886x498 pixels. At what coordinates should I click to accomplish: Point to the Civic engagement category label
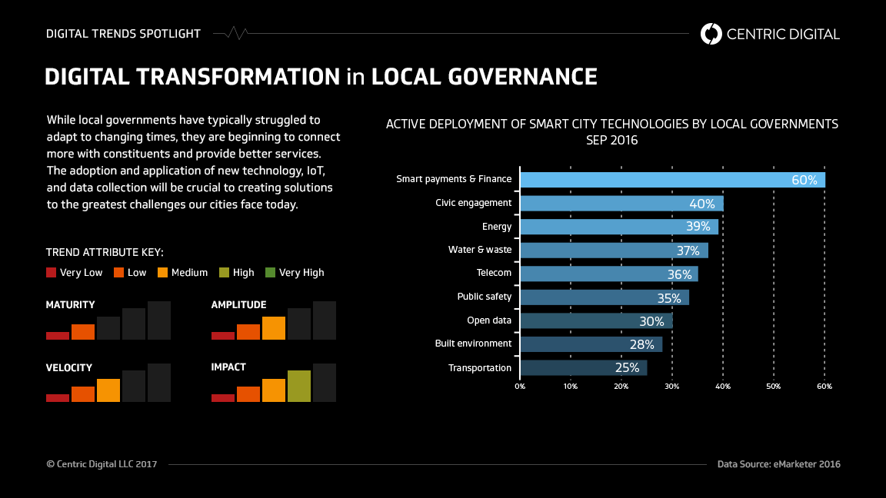[473, 203]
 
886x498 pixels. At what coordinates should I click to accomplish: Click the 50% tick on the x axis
[773, 386]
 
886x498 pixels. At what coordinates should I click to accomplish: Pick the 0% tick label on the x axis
[520, 386]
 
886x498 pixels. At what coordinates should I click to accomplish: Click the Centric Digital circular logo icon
[711, 34]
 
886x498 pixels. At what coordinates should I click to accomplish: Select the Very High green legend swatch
[270, 272]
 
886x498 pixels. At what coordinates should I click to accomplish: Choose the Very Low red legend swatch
[52, 272]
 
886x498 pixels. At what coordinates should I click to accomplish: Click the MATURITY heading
[70, 305]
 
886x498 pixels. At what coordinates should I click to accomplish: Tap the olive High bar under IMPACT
[299, 386]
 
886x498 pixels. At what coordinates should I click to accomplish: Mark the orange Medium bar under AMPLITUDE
[273, 328]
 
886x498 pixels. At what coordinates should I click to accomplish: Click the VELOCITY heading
[68, 368]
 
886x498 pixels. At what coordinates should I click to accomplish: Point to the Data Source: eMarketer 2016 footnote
[778, 464]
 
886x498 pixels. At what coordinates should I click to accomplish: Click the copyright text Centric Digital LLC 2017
[102, 464]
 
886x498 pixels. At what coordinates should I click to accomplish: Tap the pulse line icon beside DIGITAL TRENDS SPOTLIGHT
[231, 34]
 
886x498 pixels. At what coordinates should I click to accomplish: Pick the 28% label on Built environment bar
[641, 344]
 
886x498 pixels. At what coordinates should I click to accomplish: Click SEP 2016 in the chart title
[611, 141]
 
